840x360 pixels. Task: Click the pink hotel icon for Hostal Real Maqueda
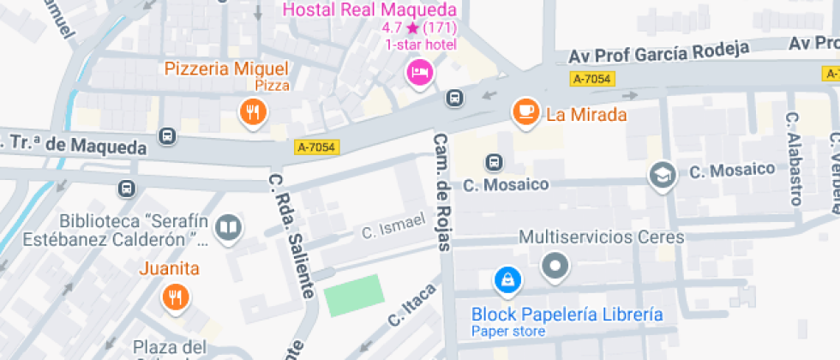[419, 71]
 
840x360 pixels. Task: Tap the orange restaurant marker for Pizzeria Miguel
[252, 111]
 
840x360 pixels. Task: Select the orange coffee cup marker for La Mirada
[525, 111]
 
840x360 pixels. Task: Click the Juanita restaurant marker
[176, 297]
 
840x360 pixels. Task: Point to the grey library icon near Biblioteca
[229, 227]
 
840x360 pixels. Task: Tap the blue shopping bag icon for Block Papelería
[507, 279]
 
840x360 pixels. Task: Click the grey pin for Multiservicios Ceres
[555, 266]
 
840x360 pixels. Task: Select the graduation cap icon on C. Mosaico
[662, 174]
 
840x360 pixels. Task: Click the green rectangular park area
[352, 295]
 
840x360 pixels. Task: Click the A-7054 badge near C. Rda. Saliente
[317, 147]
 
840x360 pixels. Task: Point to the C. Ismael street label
[393, 226]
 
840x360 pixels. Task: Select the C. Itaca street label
[412, 305]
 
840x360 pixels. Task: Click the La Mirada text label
[587, 114]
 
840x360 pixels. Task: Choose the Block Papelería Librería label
[567, 314]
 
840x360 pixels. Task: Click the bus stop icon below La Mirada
[494, 161]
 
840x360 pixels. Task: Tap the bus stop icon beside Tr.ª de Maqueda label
[167, 135]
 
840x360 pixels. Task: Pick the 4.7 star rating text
[419, 27]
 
